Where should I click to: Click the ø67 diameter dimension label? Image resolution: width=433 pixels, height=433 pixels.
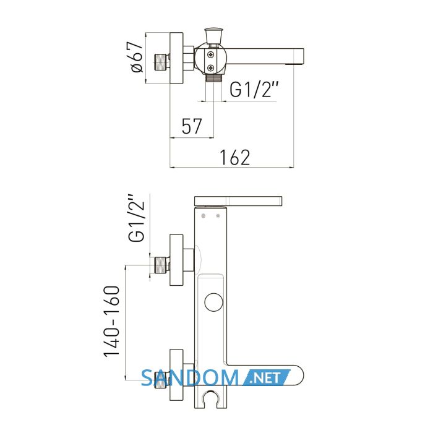(x=137, y=57)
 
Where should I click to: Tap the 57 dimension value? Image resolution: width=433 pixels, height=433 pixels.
(x=192, y=126)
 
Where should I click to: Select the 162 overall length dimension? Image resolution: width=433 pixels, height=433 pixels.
(x=234, y=157)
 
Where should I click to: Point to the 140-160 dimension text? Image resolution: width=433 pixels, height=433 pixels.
(x=112, y=322)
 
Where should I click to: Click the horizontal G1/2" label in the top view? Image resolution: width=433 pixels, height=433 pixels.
(x=254, y=89)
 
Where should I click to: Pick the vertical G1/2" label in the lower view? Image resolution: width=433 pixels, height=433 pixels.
(x=137, y=218)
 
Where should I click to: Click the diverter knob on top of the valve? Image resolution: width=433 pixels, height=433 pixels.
(x=214, y=36)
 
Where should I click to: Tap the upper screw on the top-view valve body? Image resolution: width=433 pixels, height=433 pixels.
(x=211, y=54)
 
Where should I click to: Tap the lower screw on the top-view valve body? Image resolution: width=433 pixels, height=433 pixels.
(x=211, y=67)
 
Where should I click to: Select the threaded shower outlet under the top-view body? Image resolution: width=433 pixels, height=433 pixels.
(x=214, y=77)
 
